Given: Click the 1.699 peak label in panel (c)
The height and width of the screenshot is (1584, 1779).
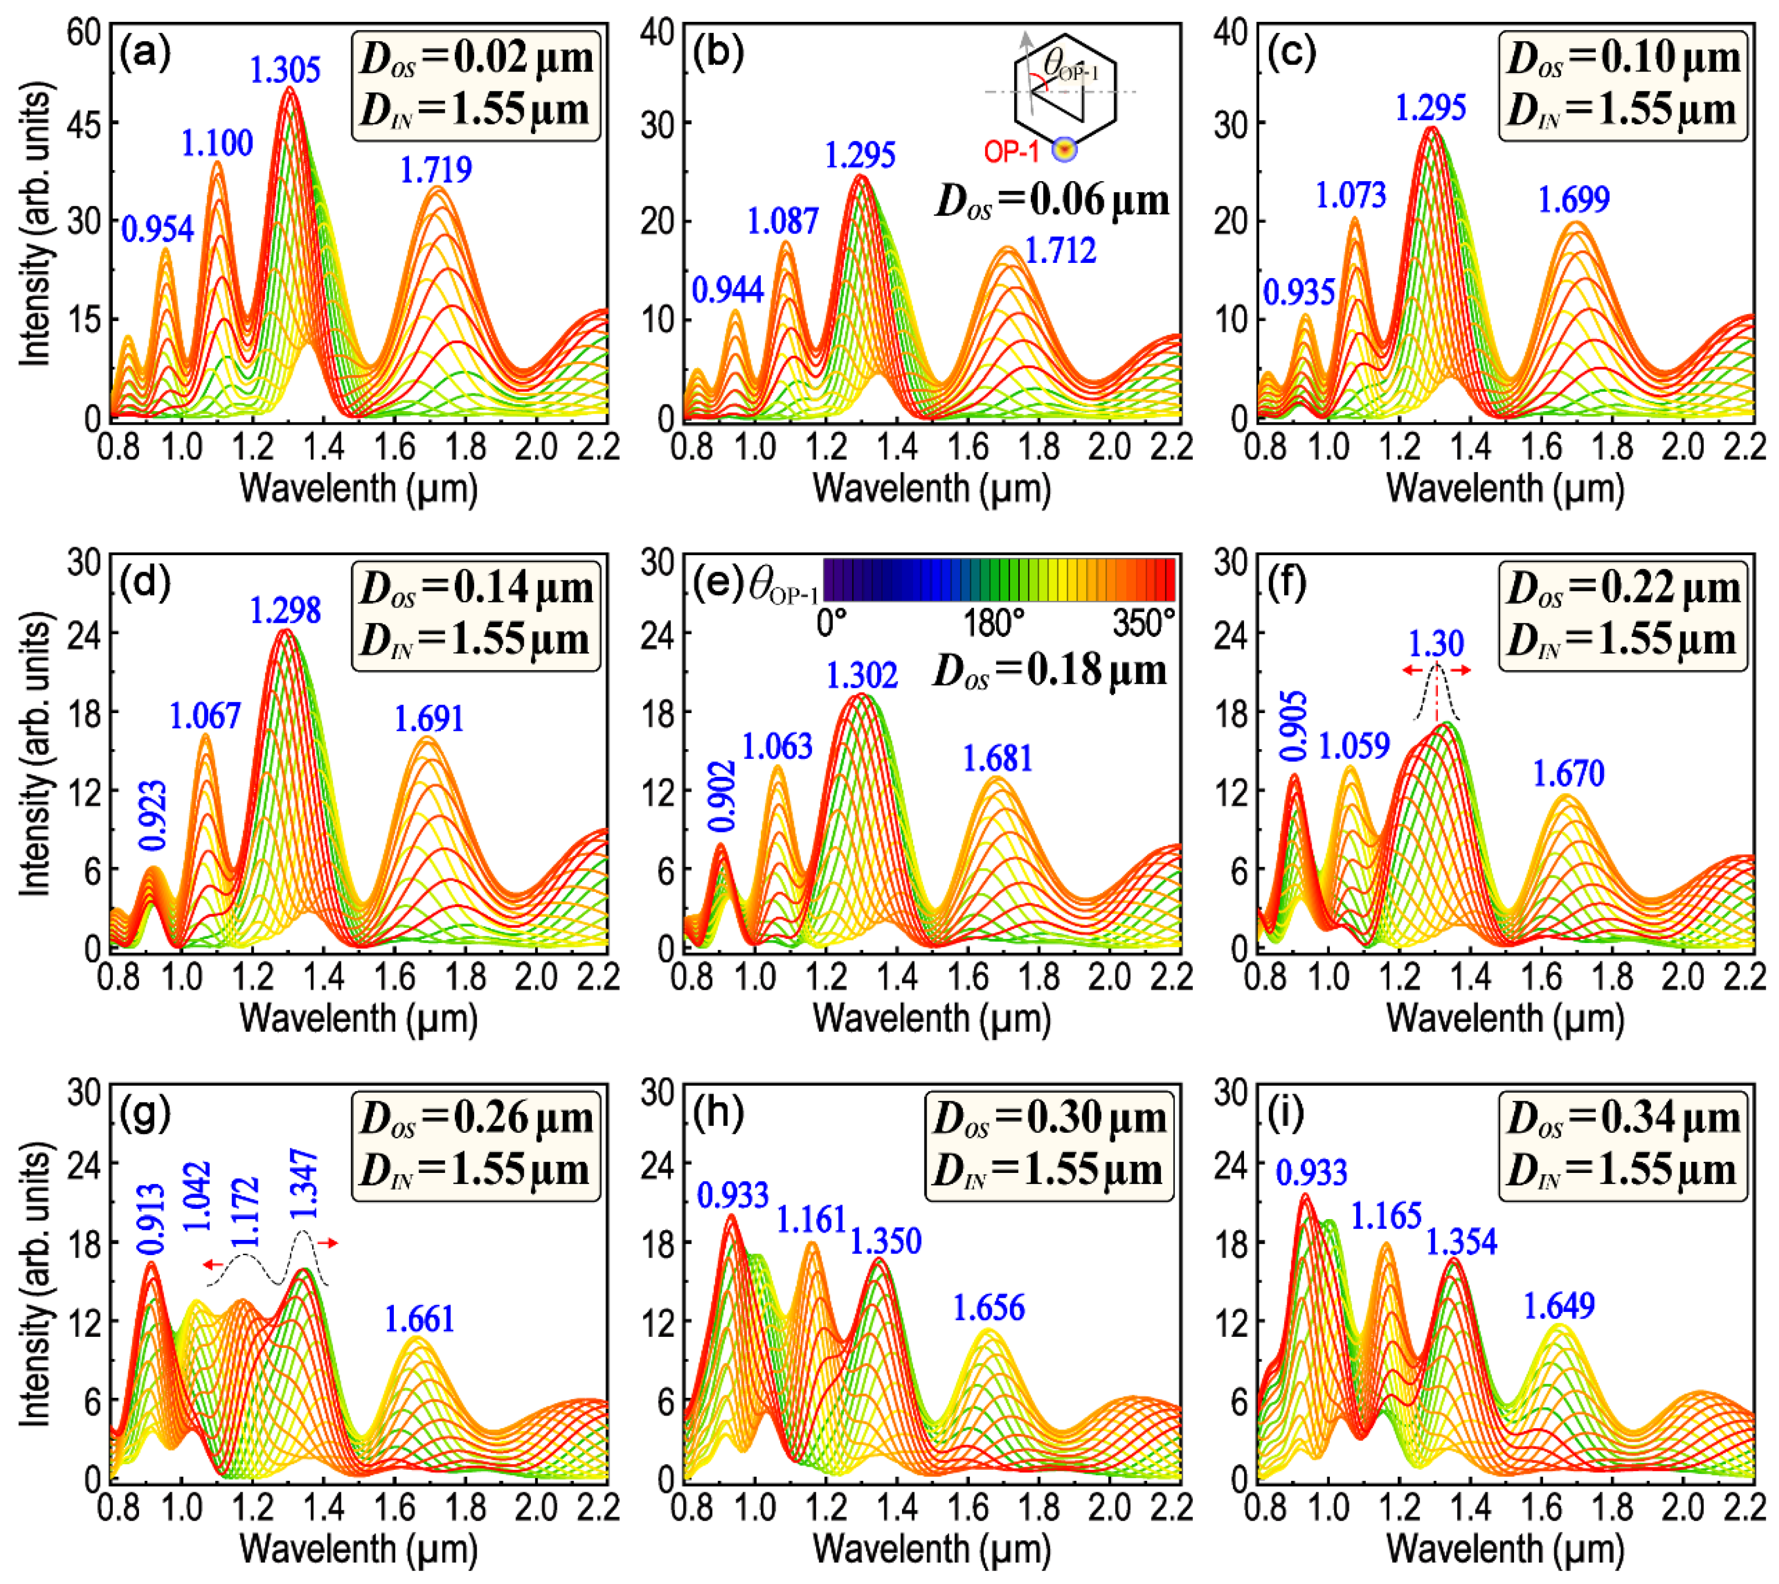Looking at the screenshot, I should click(1573, 200).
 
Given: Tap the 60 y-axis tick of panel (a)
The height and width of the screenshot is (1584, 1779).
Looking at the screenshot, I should click(84, 33).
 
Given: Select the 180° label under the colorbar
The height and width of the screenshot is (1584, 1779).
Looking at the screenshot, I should click(993, 623).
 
